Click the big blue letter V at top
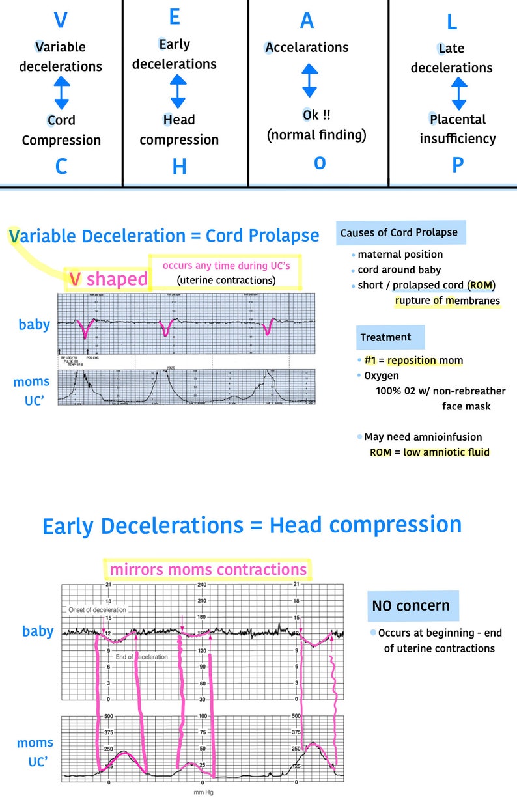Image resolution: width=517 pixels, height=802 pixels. click(x=61, y=20)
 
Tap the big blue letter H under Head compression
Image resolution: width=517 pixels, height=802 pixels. click(x=179, y=167)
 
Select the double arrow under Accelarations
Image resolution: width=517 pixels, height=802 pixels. click(x=310, y=80)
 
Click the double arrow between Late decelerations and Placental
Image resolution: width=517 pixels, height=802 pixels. click(x=459, y=93)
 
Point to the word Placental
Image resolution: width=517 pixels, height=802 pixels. click(x=458, y=119)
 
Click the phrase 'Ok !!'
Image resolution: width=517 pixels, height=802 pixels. click(x=316, y=115)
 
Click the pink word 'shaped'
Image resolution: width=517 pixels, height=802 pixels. click(x=117, y=279)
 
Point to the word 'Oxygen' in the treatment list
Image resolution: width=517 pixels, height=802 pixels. click(x=382, y=376)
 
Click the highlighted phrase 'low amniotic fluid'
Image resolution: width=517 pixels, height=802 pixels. click(x=446, y=452)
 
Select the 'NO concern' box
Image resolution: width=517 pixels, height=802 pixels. click(x=411, y=605)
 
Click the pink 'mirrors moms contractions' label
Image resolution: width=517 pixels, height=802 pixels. click(x=208, y=570)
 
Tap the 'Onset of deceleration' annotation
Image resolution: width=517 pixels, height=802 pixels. click(x=97, y=610)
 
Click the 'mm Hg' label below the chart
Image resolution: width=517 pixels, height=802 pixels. click(x=204, y=792)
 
